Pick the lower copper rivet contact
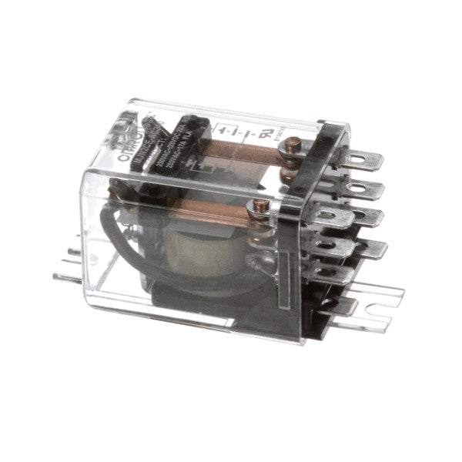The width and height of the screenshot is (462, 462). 261,206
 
